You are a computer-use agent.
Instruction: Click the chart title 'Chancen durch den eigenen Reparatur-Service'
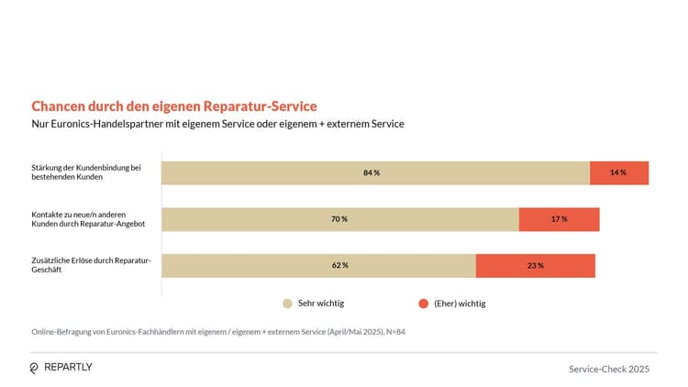(x=174, y=106)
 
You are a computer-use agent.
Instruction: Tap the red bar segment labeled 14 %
(x=619, y=172)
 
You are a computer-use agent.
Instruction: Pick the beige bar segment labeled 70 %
(x=339, y=219)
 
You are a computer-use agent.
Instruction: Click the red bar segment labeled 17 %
(x=559, y=219)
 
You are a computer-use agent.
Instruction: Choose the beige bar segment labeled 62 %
(x=318, y=265)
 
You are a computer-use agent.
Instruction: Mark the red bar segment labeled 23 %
(x=535, y=265)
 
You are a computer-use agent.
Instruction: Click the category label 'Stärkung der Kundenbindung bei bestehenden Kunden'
(x=85, y=172)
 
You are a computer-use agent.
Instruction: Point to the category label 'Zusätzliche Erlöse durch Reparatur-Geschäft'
(x=90, y=265)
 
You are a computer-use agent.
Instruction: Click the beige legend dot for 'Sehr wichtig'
(x=287, y=303)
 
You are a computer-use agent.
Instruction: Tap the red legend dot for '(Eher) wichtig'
(x=423, y=303)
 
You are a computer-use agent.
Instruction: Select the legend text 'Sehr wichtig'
(x=321, y=303)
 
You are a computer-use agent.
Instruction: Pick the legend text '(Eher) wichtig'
(x=460, y=303)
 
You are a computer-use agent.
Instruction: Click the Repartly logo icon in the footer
(x=35, y=368)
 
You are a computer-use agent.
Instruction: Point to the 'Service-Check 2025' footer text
(x=609, y=369)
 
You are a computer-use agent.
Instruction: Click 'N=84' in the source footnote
(x=394, y=332)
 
